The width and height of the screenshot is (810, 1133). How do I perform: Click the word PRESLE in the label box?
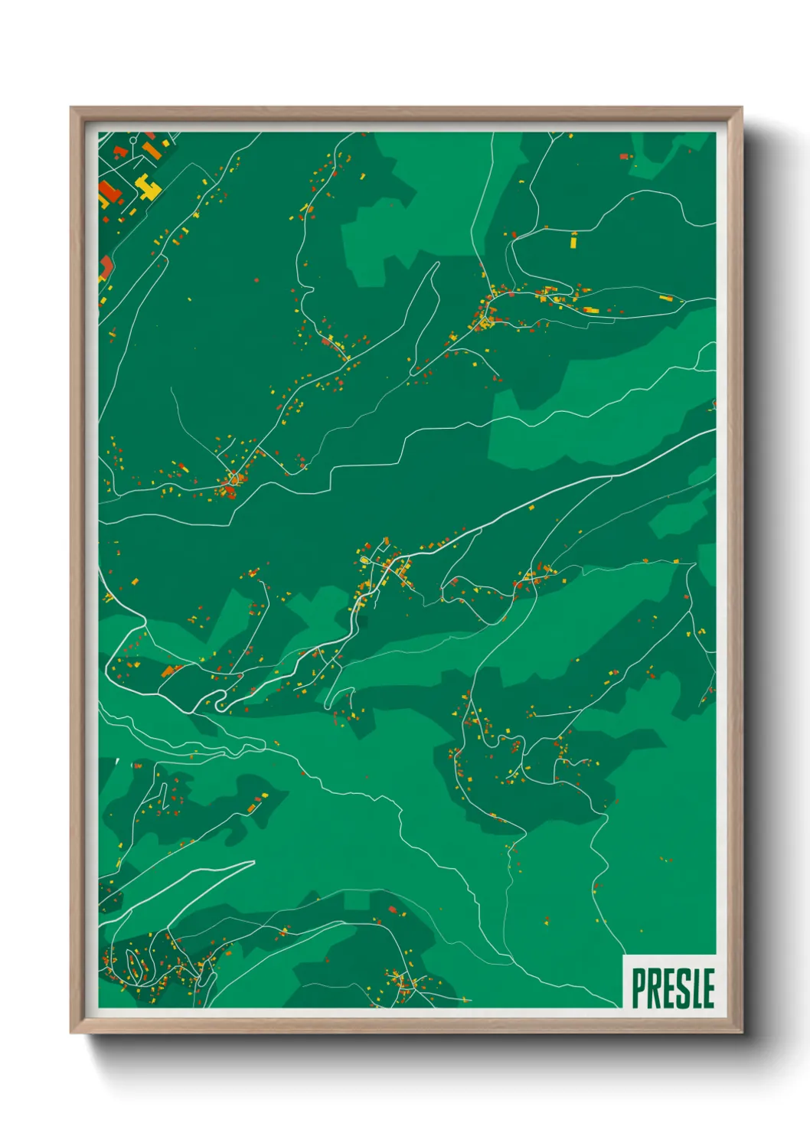pyautogui.click(x=672, y=988)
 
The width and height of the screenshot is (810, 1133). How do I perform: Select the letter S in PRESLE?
pyautogui.click(x=680, y=988)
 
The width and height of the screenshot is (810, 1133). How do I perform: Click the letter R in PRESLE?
pyautogui.click(x=653, y=988)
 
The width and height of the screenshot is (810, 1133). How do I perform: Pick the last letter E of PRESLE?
pyautogui.click(x=708, y=988)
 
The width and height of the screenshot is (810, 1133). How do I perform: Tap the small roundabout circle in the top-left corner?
pyautogui.click(x=133, y=141)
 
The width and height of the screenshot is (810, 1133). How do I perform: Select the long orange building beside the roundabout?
pyautogui.click(x=152, y=150)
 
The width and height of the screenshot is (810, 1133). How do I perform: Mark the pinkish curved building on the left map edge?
pyautogui.click(x=106, y=266)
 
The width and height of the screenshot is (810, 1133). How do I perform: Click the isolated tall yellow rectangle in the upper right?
pyautogui.click(x=573, y=240)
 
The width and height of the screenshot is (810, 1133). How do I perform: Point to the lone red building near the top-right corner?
pyautogui.click(x=624, y=156)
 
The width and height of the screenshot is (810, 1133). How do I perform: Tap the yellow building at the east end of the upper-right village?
pyautogui.click(x=666, y=299)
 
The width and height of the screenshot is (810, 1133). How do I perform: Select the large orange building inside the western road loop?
pyautogui.click(x=168, y=671)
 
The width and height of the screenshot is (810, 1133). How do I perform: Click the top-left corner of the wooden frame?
pyautogui.click(x=71, y=108)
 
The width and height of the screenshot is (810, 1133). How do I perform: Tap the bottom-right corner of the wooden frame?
pyautogui.click(x=741, y=1032)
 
